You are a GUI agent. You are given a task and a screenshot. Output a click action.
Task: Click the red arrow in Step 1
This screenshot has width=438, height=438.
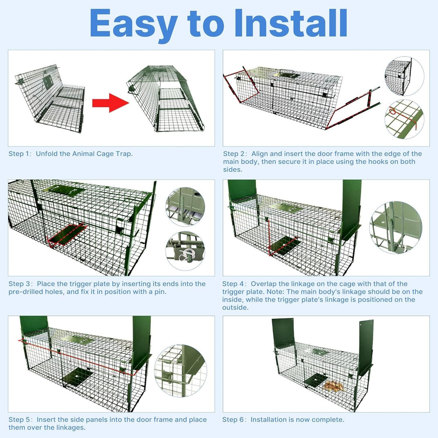click(111, 103)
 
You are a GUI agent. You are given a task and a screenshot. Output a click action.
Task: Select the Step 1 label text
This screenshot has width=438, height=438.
click(21, 154)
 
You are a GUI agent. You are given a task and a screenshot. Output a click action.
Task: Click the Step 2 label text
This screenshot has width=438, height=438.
click(235, 154)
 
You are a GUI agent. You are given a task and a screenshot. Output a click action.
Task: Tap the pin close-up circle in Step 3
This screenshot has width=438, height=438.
click(185, 251)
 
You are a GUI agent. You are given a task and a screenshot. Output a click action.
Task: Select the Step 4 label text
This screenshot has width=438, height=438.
click(234, 284)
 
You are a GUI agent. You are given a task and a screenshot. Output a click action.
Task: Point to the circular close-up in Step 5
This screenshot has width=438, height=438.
click(180, 371)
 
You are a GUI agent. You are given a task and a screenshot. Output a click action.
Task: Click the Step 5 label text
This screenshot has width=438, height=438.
click(21, 420)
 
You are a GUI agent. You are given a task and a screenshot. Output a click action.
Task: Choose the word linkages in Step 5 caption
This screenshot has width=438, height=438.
click(68, 427)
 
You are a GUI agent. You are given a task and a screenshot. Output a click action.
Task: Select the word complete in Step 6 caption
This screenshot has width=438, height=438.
click(327, 420)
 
